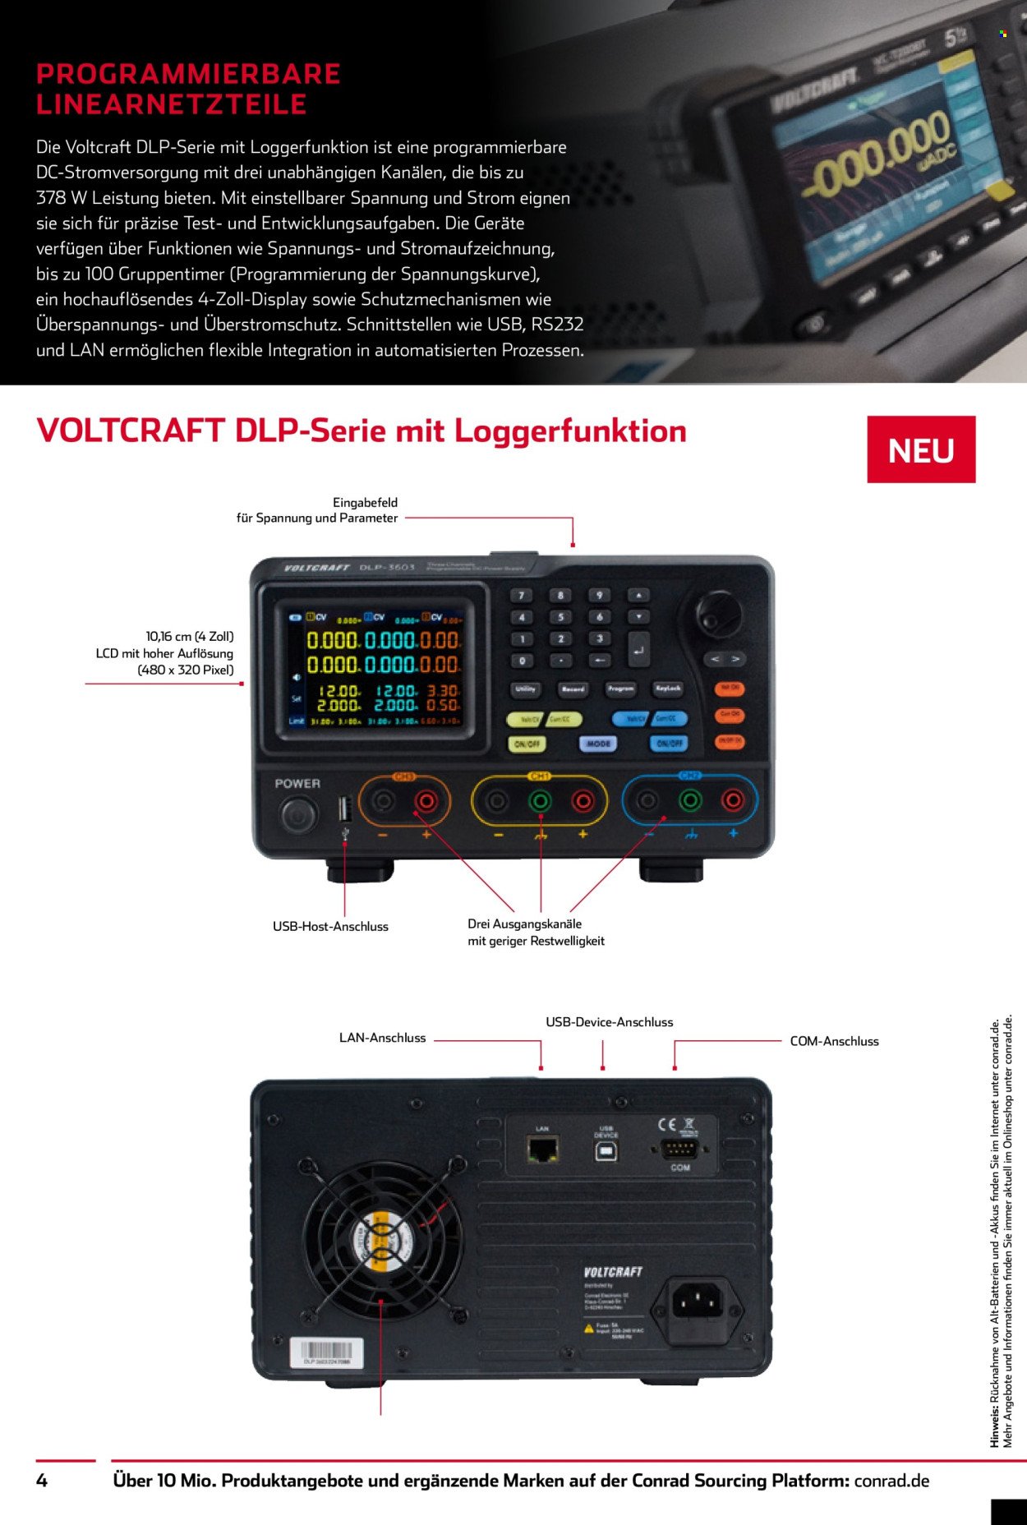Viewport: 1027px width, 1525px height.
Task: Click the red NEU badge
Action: tap(921, 449)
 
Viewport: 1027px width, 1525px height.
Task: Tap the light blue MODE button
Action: tap(597, 744)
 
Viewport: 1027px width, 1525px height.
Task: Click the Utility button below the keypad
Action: tap(526, 689)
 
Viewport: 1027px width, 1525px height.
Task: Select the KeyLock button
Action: tap(668, 689)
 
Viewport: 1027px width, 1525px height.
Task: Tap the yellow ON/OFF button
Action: tap(527, 744)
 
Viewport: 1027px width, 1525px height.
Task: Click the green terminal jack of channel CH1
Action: tap(540, 799)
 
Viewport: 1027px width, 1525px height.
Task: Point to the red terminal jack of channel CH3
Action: tap(426, 799)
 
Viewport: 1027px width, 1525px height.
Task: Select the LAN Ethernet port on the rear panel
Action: tap(543, 1149)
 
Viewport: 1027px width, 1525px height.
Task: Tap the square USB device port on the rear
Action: tap(606, 1150)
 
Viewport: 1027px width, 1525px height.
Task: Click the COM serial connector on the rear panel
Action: tap(679, 1149)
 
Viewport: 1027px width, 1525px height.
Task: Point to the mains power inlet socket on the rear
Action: tap(698, 1302)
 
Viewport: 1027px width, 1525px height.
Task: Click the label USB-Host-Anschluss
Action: tap(330, 927)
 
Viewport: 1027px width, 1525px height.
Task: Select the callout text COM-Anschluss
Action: tap(834, 1041)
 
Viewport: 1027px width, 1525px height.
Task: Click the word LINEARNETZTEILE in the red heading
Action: tap(171, 105)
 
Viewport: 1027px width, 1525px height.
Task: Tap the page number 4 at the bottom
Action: tap(42, 1481)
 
